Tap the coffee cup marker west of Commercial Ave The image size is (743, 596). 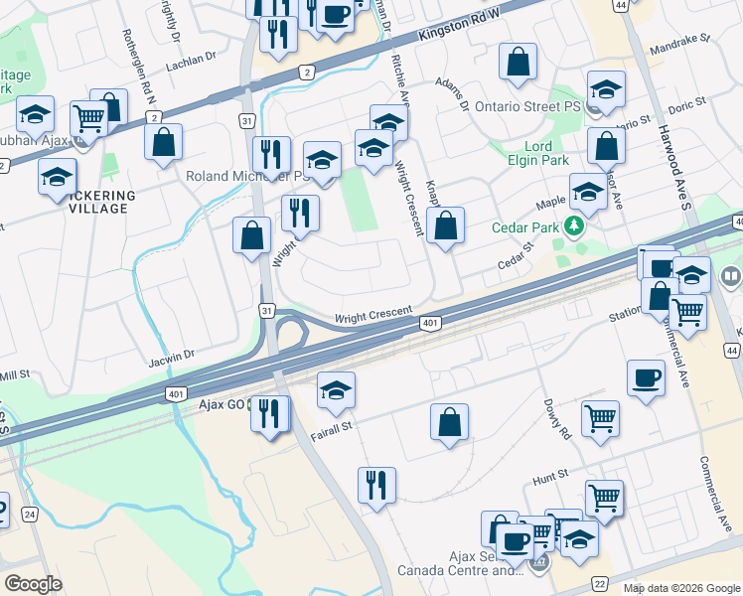coord(646,378)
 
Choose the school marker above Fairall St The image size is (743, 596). coord(337,389)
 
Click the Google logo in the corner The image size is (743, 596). coord(34,583)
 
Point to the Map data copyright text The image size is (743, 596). coord(680,588)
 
